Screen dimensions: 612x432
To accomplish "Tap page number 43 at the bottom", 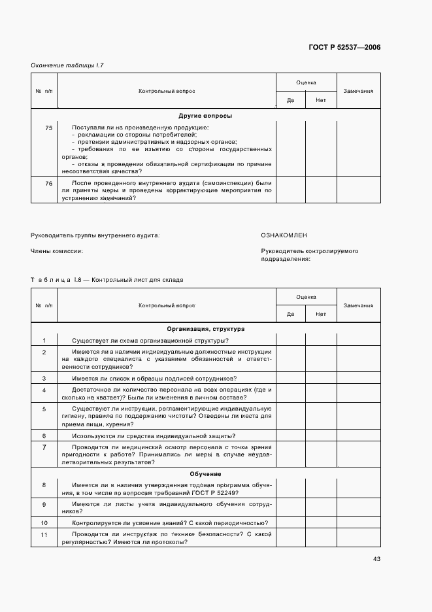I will point(376,558).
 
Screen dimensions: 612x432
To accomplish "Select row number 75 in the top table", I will point(49,127).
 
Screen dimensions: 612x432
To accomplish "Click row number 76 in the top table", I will point(49,183).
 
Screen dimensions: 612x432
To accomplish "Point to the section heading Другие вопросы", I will point(205,116).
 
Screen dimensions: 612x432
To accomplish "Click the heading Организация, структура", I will point(205,329).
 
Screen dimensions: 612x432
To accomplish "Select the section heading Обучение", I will point(205,474).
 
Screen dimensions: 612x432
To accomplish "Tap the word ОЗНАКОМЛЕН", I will point(284,235).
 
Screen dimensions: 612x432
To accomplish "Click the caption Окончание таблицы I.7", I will point(67,65).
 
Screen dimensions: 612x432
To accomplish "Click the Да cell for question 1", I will point(291,341).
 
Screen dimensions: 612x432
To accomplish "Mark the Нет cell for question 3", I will point(321,379).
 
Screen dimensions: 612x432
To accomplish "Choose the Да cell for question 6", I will point(291,436).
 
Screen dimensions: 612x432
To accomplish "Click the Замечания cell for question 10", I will point(358,523).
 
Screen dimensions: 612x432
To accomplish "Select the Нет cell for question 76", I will point(321,190).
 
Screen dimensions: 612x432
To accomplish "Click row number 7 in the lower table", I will point(44,448).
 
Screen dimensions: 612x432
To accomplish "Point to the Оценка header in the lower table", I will point(306,297).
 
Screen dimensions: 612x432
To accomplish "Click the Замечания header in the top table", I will point(358,91).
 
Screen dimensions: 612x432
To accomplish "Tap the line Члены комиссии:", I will point(57,251).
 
